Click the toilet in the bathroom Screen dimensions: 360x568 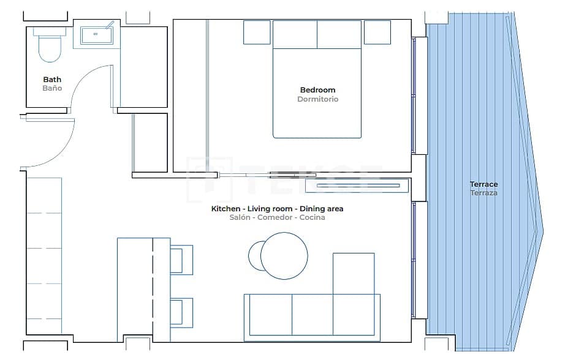click(50, 45)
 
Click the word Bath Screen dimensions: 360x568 click(52, 80)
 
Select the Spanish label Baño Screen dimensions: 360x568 click(52, 88)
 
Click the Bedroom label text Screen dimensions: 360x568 click(317, 90)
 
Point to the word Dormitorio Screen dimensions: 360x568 click(317, 99)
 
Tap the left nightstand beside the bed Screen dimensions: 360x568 click(257, 32)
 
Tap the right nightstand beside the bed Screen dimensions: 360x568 click(377, 32)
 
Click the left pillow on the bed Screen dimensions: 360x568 click(295, 35)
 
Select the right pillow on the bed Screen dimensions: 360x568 click(339, 35)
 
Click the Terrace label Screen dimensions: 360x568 click(483, 184)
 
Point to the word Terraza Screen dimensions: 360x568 click(483, 193)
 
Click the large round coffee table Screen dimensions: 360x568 click(284, 256)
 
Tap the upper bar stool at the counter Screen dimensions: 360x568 click(182, 259)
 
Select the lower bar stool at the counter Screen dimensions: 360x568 click(182, 312)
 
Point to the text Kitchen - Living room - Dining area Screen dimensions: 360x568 click(277, 209)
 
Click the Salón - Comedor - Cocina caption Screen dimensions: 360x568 click(277, 217)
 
